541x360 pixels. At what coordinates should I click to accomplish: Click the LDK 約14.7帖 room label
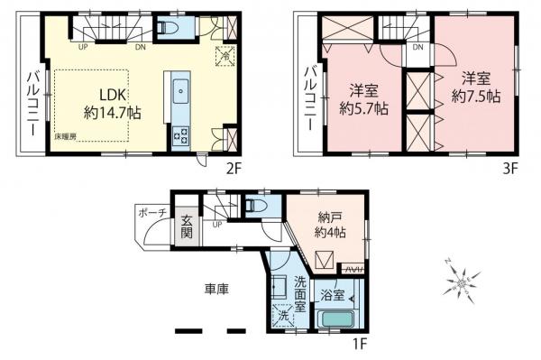coord(107,104)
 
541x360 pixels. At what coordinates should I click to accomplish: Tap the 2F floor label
coord(234,169)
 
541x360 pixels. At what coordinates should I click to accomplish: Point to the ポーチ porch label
coord(149,213)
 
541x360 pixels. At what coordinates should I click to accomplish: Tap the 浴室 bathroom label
coord(332,294)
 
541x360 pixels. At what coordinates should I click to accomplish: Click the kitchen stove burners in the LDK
coord(179,136)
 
